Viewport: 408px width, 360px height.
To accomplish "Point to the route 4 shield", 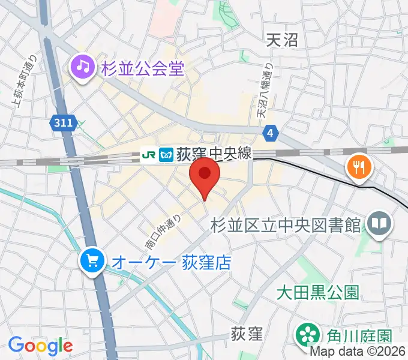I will click(271, 132).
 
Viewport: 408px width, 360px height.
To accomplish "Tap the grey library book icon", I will click(379, 224).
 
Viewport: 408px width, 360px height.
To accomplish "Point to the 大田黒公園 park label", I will click(317, 292).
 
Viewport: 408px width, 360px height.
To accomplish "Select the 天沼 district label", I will click(281, 40).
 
